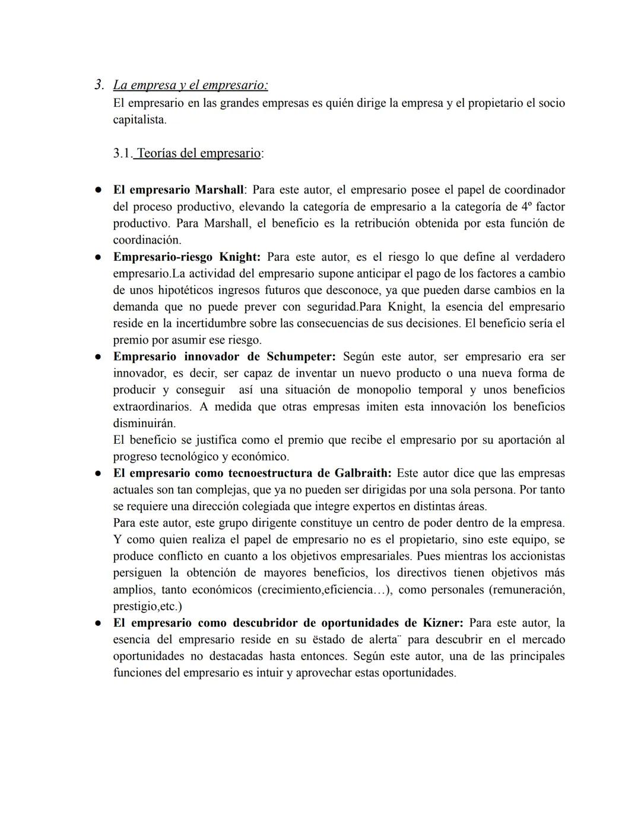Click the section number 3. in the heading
[x=100, y=85]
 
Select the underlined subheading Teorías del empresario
[x=198, y=153]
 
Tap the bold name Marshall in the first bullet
[x=219, y=190]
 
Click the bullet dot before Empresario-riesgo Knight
[x=96, y=257]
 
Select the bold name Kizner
[x=442, y=623]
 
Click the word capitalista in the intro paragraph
[x=139, y=120]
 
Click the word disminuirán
[x=144, y=424]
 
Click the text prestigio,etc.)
[x=148, y=607]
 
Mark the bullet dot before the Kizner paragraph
[x=96, y=623]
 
